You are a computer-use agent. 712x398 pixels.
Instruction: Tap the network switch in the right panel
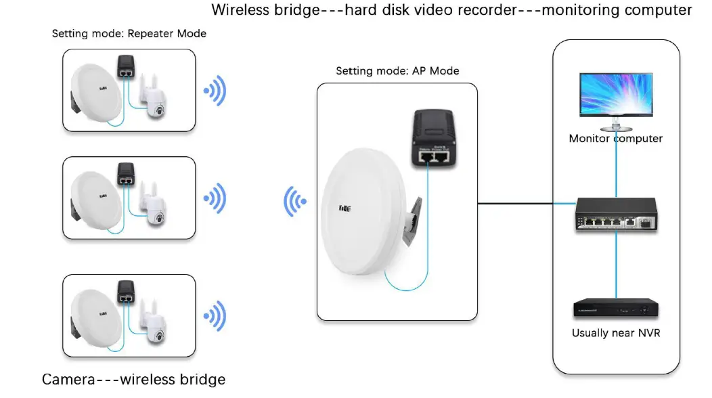click(x=615, y=216)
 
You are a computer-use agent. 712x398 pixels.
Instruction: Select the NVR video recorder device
click(x=615, y=309)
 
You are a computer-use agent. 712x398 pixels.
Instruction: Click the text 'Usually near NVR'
click(x=615, y=333)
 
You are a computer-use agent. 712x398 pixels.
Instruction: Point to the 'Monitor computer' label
click(x=615, y=139)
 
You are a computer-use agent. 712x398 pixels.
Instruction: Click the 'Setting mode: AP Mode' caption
click(x=397, y=71)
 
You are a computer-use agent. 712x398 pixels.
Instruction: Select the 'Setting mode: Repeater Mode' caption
click(x=129, y=33)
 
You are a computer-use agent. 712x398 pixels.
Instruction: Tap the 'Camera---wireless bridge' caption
click(x=133, y=380)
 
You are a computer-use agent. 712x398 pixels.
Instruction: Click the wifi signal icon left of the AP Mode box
click(x=294, y=201)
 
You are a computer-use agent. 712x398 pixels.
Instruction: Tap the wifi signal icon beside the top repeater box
click(x=215, y=92)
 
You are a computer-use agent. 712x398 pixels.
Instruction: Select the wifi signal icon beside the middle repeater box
click(x=215, y=199)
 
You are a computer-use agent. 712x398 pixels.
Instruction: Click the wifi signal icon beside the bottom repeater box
click(x=215, y=315)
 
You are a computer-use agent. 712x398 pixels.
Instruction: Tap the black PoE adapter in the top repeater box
click(x=125, y=66)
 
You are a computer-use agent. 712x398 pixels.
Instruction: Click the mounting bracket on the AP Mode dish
click(x=413, y=223)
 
